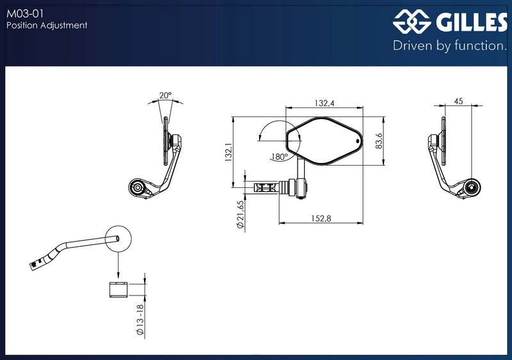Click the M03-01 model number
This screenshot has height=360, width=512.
point(25,13)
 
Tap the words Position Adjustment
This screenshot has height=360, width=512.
point(47,25)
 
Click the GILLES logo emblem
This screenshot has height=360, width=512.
point(412,22)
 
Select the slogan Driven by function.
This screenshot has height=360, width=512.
point(450,45)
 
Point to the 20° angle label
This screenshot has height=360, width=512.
point(165,95)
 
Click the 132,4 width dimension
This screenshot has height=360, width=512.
point(324,103)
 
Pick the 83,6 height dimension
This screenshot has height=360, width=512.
point(379,141)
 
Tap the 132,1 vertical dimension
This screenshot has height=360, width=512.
point(228,152)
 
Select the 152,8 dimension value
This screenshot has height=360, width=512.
point(321,218)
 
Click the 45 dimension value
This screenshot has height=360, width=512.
point(458,101)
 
